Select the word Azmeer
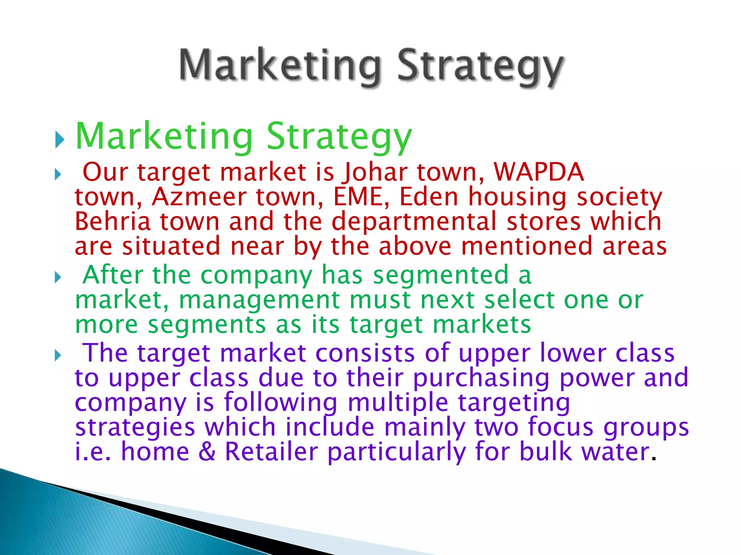point(199,197)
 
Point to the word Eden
point(429,197)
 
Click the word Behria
point(113,221)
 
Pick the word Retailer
point(271,452)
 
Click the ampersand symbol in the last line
point(207,452)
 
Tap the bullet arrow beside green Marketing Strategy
point(60,139)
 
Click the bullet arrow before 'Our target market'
point(58,175)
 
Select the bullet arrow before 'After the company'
point(58,278)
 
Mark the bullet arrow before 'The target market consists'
point(58,356)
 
